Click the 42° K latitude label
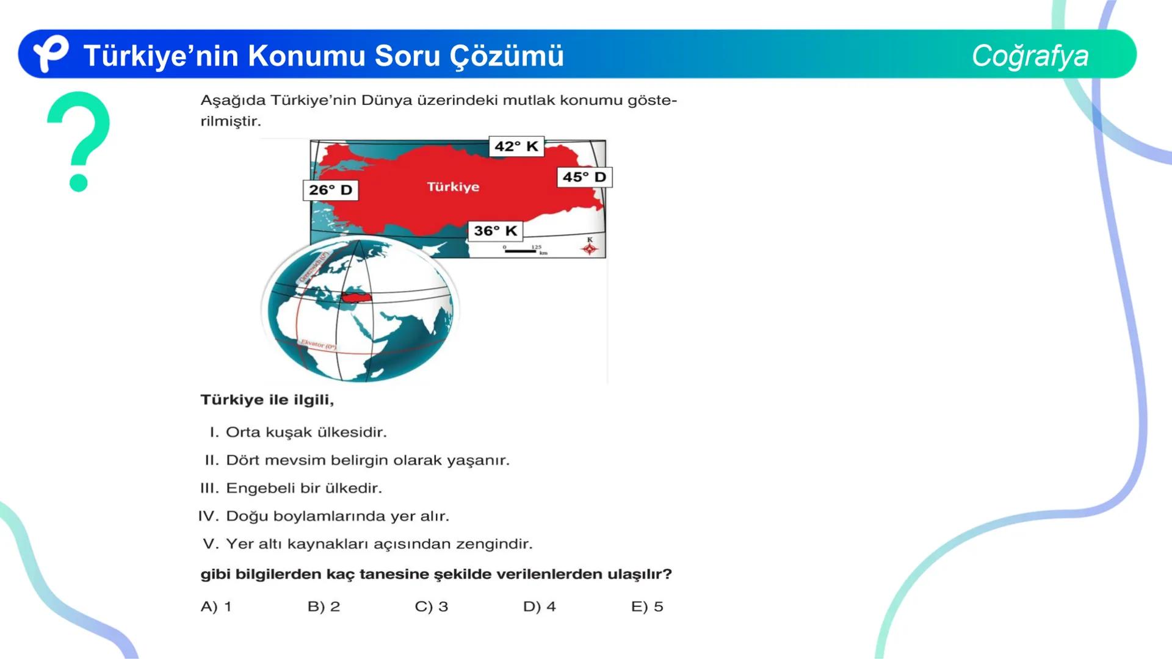(x=516, y=146)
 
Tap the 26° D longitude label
(x=330, y=190)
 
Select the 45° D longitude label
(x=584, y=177)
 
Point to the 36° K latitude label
(x=495, y=231)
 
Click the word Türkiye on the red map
(x=453, y=187)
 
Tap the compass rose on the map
(x=590, y=247)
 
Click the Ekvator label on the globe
(x=318, y=344)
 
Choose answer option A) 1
(x=216, y=607)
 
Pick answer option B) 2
(x=324, y=607)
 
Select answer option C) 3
(x=432, y=607)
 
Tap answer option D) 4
(x=539, y=607)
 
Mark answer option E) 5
(x=647, y=607)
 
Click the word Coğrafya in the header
(x=1030, y=56)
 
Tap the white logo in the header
(x=50, y=53)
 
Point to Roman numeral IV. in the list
(x=208, y=516)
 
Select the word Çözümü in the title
(x=507, y=56)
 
